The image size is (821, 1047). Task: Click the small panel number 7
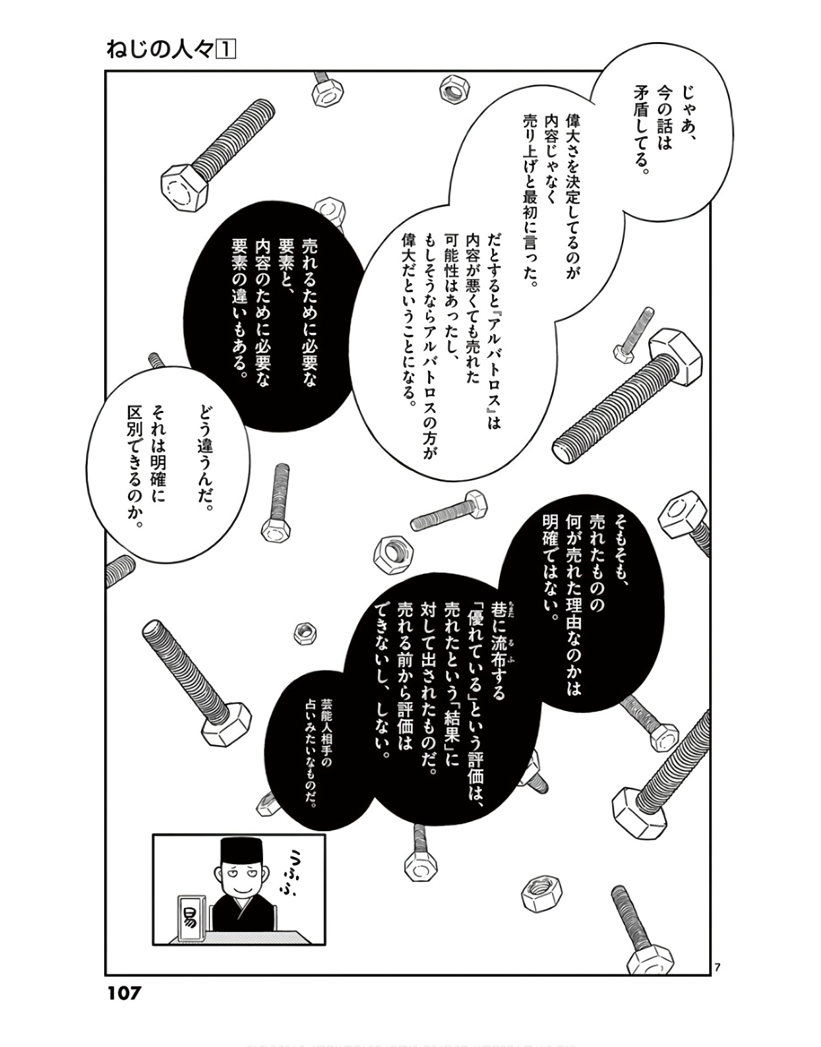tap(718, 968)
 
